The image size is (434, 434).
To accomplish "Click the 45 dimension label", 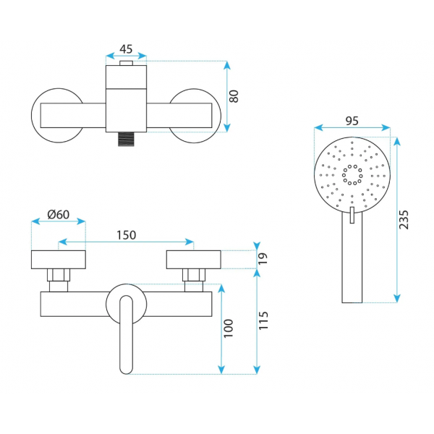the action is pyautogui.click(x=126, y=49).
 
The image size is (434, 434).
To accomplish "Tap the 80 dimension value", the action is pyautogui.click(x=234, y=96).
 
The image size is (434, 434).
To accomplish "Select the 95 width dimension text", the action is pyautogui.click(x=352, y=121).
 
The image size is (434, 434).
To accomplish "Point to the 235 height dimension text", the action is pyautogui.click(x=404, y=220).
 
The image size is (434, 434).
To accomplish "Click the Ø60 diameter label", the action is pyautogui.click(x=59, y=215).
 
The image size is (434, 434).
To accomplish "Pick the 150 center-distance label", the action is pyautogui.click(x=126, y=235).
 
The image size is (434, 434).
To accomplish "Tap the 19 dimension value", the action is pyautogui.click(x=263, y=258).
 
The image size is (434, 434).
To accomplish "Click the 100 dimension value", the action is pyautogui.click(x=229, y=328).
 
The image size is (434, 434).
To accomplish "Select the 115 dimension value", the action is pyautogui.click(x=263, y=320).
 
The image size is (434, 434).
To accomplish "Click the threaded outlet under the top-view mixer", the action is pyautogui.click(x=126, y=139).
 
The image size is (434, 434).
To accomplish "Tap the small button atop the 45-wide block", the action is pyautogui.click(x=126, y=63).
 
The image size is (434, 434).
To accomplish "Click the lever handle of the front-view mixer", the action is pyautogui.click(x=126, y=335).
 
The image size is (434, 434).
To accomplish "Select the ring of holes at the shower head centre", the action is pyautogui.click(x=352, y=174).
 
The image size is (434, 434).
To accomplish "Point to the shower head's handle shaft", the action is pyautogui.click(x=352, y=258).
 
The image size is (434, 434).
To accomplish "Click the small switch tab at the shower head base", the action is pyautogui.click(x=352, y=215).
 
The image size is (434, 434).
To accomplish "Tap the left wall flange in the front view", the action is pyautogui.click(x=59, y=260).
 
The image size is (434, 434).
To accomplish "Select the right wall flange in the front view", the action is pyautogui.click(x=193, y=260).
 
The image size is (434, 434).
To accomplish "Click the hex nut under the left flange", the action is pyautogui.click(x=59, y=275).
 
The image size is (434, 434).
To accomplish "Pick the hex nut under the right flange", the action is pyautogui.click(x=194, y=275).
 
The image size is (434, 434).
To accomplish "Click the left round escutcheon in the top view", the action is pyautogui.click(x=33, y=116).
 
